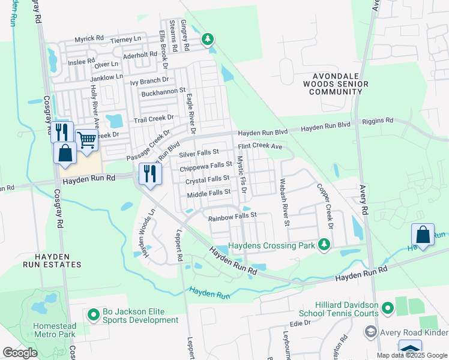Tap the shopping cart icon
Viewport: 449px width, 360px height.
pos(86,140)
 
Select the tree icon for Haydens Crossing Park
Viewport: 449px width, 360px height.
pos(324,245)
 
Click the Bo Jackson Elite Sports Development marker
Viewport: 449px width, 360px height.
pos(93,314)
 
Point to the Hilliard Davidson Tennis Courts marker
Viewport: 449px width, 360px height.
pos(387,308)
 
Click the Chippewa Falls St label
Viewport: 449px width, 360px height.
pos(206,165)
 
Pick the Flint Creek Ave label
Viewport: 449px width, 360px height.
pos(260,146)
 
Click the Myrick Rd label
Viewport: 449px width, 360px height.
pos(89,40)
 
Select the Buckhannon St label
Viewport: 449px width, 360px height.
pos(163,93)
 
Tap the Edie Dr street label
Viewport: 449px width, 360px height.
pos(300,323)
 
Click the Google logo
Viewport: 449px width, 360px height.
pos(20,352)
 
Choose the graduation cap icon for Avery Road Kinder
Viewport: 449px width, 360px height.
pos(371,332)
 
